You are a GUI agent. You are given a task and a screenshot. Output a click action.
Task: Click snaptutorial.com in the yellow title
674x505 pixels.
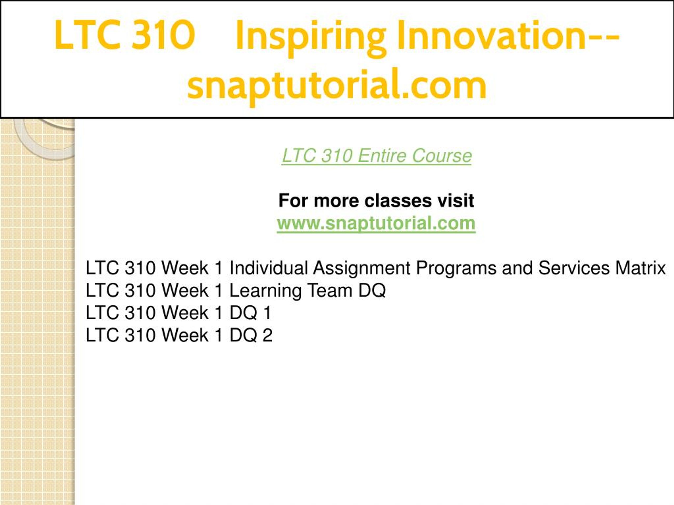coord(337,85)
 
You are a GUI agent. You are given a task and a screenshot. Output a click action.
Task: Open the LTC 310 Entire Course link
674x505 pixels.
coord(376,156)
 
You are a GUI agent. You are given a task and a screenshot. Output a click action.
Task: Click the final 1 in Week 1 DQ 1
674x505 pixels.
coord(267,313)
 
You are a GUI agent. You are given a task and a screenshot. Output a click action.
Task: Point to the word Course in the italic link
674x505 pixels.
coord(442,156)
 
